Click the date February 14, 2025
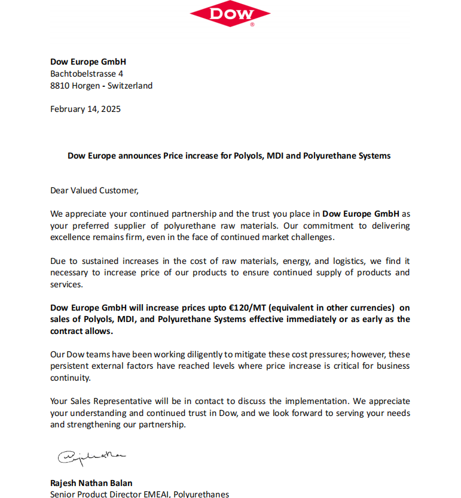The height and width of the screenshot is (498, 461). coord(86,109)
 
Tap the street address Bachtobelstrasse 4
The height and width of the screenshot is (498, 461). coord(87,74)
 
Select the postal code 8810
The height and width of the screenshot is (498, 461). coord(60,86)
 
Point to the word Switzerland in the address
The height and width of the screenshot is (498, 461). coord(130,86)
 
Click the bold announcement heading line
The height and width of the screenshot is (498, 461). coord(229,156)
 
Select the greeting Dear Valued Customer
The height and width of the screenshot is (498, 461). coord(94,190)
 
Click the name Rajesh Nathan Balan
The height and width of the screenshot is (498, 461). coord(91,483)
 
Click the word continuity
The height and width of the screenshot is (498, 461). coord(71,378)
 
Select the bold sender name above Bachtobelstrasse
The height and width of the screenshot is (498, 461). coord(88,62)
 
